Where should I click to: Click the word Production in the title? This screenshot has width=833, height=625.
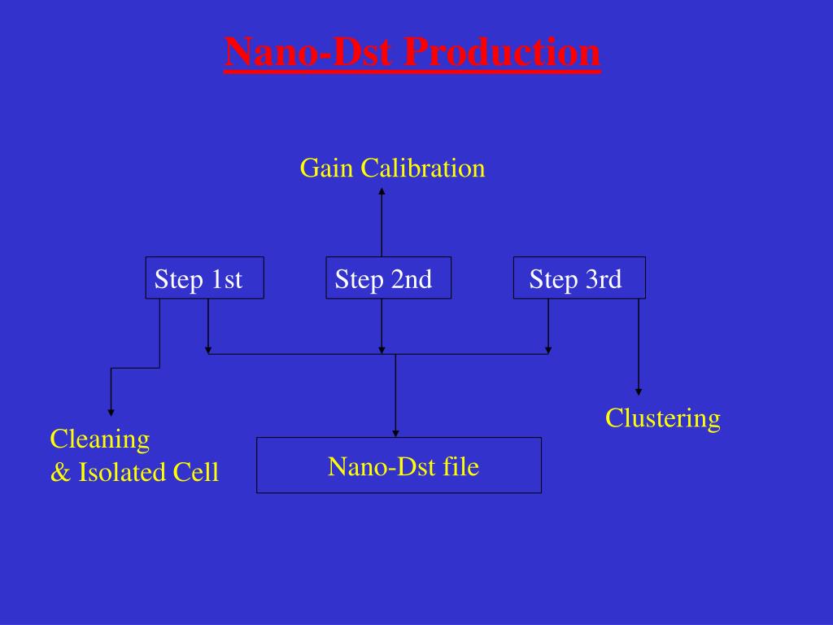point(502,53)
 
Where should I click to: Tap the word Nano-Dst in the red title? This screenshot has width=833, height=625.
point(310,53)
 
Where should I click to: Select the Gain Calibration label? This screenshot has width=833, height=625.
point(392,168)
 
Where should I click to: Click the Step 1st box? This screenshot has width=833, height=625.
point(204,278)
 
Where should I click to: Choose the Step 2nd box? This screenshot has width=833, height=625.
point(388,278)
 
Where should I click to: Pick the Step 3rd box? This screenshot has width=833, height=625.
point(579,278)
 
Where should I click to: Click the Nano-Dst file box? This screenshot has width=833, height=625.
point(399,465)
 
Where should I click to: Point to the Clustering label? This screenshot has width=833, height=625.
point(662,418)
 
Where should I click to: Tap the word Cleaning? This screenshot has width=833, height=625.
point(100,439)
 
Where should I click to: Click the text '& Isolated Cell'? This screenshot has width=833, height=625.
point(134,472)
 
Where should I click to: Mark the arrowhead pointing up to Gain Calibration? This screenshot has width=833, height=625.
point(382,192)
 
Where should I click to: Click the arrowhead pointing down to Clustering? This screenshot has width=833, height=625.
point(639,391)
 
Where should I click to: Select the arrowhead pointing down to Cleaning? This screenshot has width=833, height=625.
point(111,413)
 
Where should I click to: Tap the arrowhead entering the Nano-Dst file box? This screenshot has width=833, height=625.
point(395,433)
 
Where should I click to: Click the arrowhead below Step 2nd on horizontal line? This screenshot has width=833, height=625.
point(382,350)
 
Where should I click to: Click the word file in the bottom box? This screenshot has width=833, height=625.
point(462,466)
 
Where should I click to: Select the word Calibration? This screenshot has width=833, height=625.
point(423,168)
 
